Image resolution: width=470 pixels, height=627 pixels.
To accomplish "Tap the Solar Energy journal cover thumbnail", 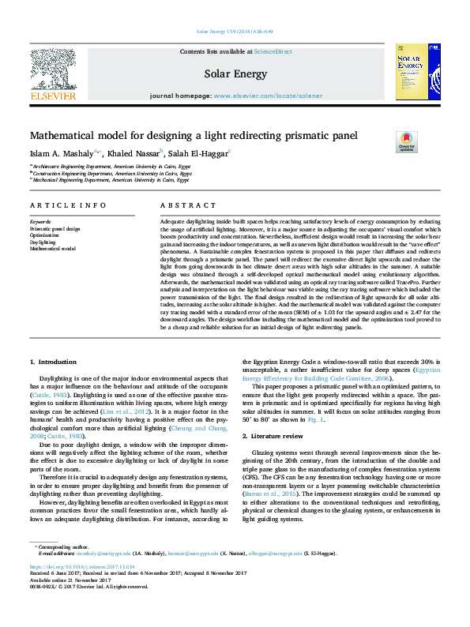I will pos(418,72).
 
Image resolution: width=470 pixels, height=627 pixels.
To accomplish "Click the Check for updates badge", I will pos(406,142).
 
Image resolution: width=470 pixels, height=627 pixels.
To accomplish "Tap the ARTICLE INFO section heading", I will pos(68,205).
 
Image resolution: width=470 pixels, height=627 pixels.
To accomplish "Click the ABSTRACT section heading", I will pos(179,205).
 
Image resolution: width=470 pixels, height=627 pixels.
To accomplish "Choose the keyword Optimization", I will pos(44,235).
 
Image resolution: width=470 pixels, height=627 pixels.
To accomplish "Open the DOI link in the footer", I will pos(71,566).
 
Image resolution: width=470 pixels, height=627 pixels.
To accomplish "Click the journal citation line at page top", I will pos(235,32).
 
